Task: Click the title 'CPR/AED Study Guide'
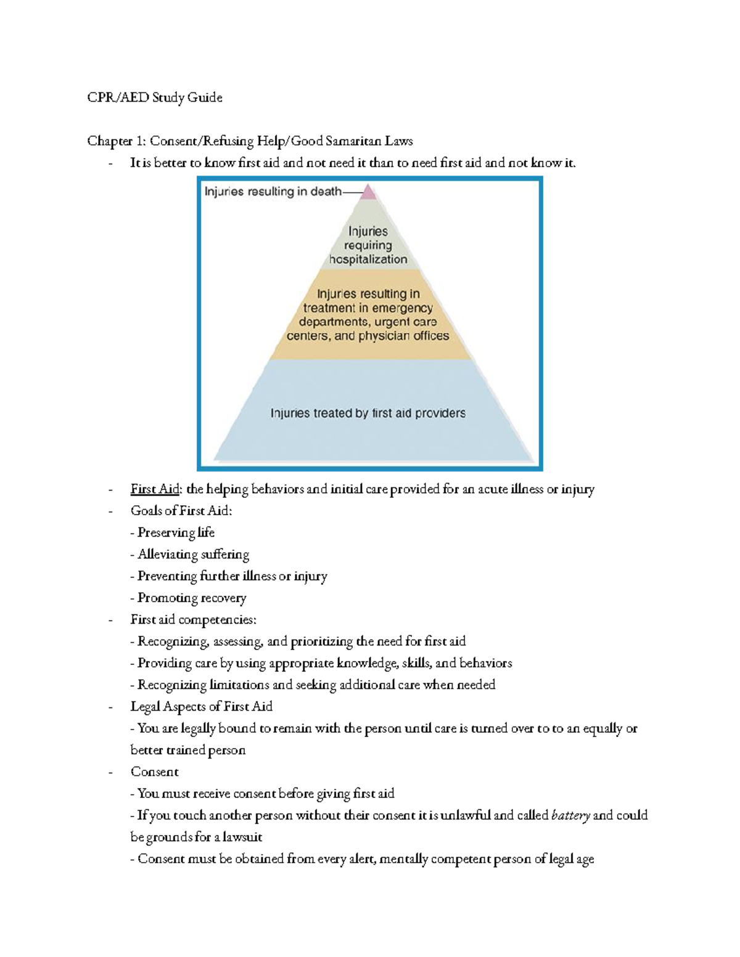point(155,97)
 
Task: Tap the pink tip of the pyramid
point(368,192)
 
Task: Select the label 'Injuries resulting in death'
point(273,192)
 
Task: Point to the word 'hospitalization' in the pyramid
point(368,259)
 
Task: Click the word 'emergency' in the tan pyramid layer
point(401,308)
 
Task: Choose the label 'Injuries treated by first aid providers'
point(368,413)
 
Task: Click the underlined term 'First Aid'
point(154,489)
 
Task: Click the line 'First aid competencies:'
point(193,619)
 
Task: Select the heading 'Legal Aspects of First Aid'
point(201,706)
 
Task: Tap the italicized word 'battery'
point(570,815)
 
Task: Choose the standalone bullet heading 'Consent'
point(154,772)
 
